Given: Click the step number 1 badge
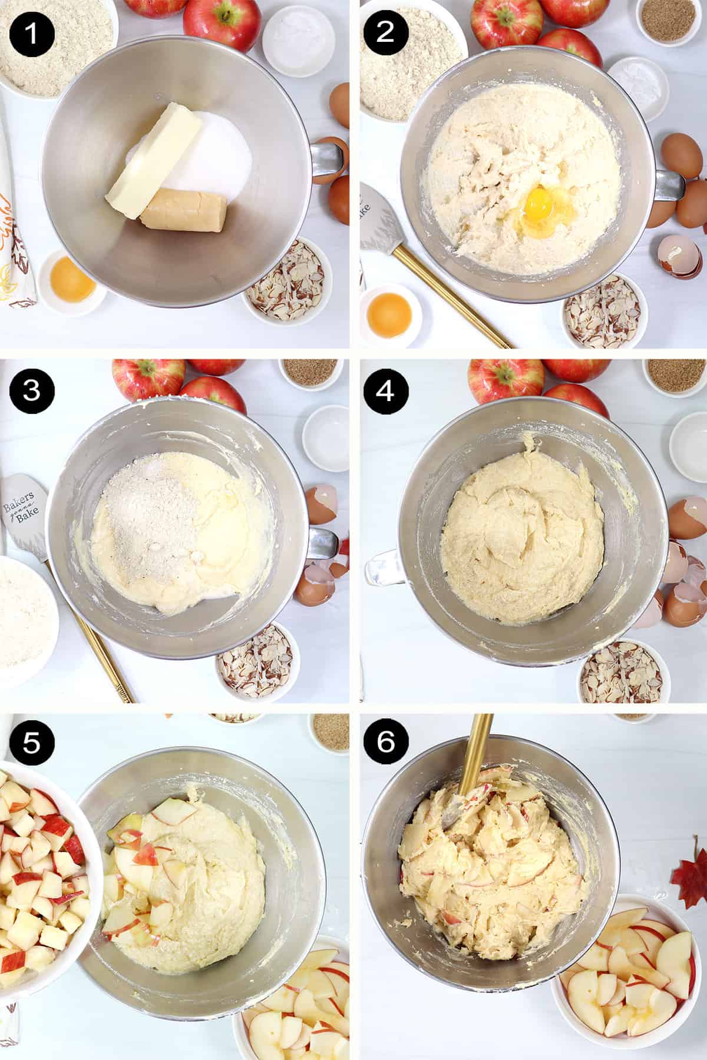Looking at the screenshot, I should pos(31,31).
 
